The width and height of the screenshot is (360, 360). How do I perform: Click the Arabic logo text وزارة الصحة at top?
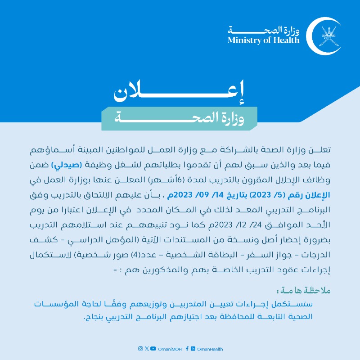[x=270, y=30]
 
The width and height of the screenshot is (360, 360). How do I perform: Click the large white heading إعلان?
[x=180, y=92]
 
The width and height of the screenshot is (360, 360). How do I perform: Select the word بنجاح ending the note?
[x=94, y=317]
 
